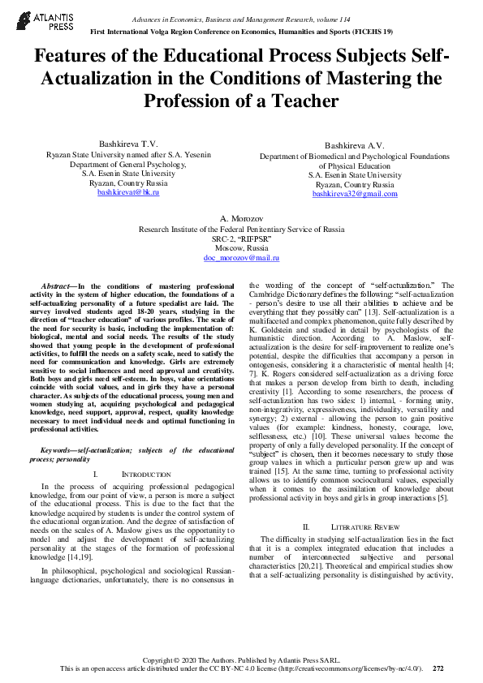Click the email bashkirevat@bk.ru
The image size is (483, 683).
point(127,192)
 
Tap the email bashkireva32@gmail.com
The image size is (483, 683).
point(355,194)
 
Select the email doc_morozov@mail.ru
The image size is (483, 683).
point(241,257)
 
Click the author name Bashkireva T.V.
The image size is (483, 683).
point(127,141)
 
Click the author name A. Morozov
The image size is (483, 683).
point(241,220)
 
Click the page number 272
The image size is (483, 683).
point(438,668)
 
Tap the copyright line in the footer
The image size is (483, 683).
point(241,659)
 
